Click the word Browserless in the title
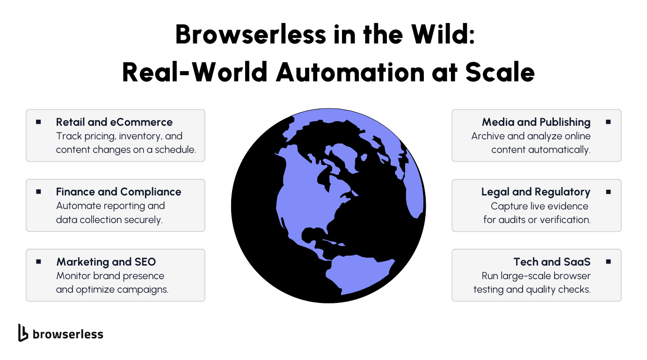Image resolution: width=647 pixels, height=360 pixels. point(251,34)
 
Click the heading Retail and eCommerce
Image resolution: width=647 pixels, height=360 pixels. point(114,122)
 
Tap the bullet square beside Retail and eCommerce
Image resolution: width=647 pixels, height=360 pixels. point(38,122)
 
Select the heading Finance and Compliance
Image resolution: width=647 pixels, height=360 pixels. point(118,192)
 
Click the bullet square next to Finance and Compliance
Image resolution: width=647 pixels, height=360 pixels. point(38,192)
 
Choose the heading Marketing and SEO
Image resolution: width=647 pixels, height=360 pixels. point(106,262)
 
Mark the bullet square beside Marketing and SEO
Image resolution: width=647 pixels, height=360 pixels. point(38,261)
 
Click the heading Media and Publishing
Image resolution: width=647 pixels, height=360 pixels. point(536,122)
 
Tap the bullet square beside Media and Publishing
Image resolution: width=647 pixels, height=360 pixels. point(608,122)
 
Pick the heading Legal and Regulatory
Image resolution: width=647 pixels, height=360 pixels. point(536,192)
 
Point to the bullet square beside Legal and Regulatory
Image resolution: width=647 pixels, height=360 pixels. point(608,192)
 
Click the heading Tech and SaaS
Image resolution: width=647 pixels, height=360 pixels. point(552,262)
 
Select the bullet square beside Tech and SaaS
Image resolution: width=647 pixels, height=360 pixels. point(608,262)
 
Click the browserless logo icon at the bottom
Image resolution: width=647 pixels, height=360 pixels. point(23,332)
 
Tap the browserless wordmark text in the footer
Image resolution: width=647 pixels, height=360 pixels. point(68,334)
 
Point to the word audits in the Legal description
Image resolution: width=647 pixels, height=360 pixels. point(512,220)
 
